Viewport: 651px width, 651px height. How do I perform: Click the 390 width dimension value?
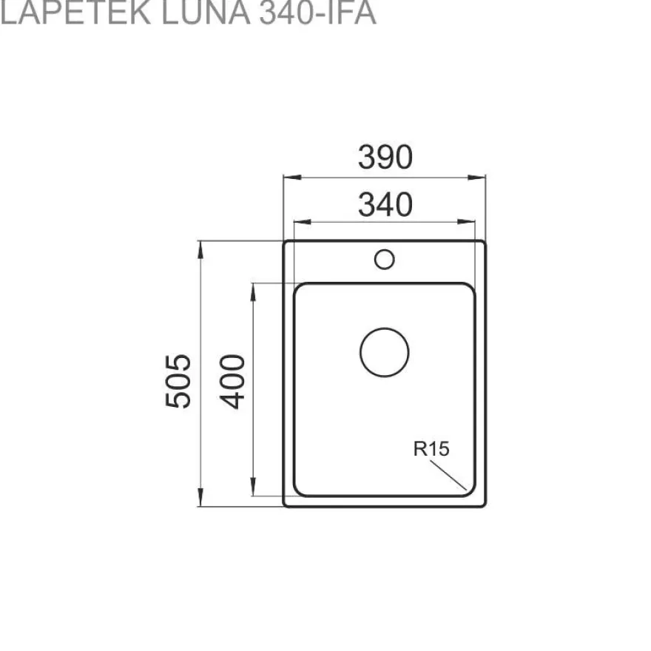click(385, 157)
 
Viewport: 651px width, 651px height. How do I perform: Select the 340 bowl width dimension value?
click(385, 204)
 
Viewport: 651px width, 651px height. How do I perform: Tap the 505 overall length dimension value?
click(178, 381)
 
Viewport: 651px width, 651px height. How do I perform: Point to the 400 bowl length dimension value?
click(232, 381)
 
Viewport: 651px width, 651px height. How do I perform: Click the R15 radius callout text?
click(431, 449)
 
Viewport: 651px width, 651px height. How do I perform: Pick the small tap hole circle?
click(385, 250)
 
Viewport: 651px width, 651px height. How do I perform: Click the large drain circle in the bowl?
click(385, 328)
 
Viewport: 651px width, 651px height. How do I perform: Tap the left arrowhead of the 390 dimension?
click(292, 178)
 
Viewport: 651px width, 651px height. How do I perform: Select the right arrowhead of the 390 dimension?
click(476, 178)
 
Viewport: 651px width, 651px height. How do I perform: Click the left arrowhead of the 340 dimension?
click(303, 222)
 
